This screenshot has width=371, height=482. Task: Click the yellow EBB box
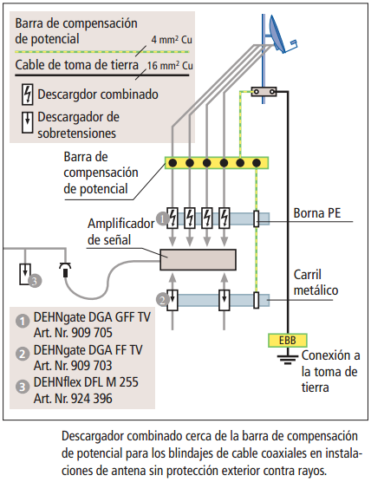click(288, 341)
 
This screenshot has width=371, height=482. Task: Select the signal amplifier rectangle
click(198, 260)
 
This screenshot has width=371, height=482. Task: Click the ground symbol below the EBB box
click(288, 359)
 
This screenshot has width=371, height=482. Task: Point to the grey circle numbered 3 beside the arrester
click(35, 281)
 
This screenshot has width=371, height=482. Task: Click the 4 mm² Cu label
click(172, 39)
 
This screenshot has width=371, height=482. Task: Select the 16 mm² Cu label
click(170, 66)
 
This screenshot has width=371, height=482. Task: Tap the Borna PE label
click(317, 213)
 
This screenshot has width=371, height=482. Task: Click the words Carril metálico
click(316, 283)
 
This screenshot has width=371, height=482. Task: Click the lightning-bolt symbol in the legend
click(28, 94)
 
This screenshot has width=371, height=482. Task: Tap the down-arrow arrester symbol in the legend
click(28, 122)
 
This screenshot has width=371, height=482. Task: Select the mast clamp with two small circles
click(264, 92)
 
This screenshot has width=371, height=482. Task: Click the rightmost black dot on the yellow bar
click(257, 163)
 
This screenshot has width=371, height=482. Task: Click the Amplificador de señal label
click(120, 231)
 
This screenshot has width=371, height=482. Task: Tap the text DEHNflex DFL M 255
click(86, 382)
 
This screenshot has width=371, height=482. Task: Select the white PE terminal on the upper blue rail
click(257, 218)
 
